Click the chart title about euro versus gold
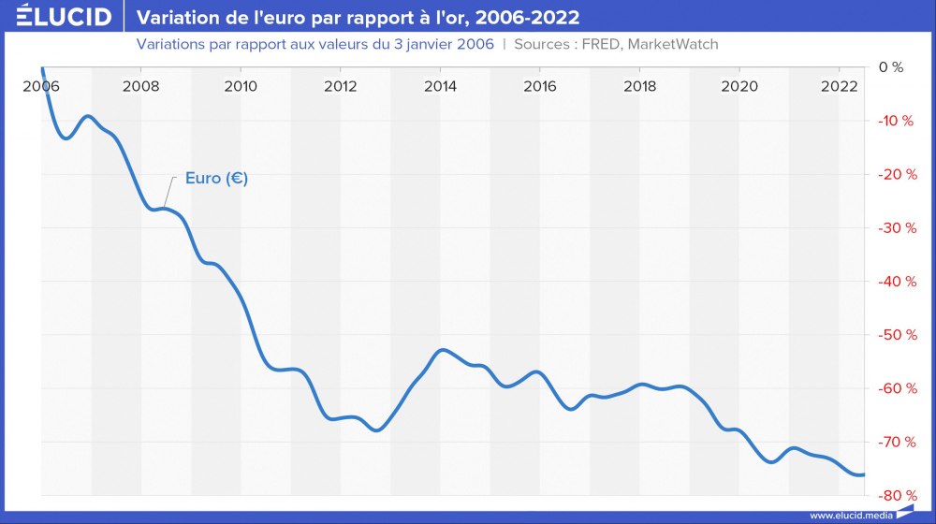358,17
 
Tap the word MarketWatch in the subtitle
671,44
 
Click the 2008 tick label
140,86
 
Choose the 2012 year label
341,86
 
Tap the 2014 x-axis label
440,86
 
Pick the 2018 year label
639,86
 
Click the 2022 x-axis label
839,86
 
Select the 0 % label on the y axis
890,67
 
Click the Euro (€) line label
216,178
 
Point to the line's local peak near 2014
442,350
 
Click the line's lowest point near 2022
859,475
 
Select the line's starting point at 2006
42,67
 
